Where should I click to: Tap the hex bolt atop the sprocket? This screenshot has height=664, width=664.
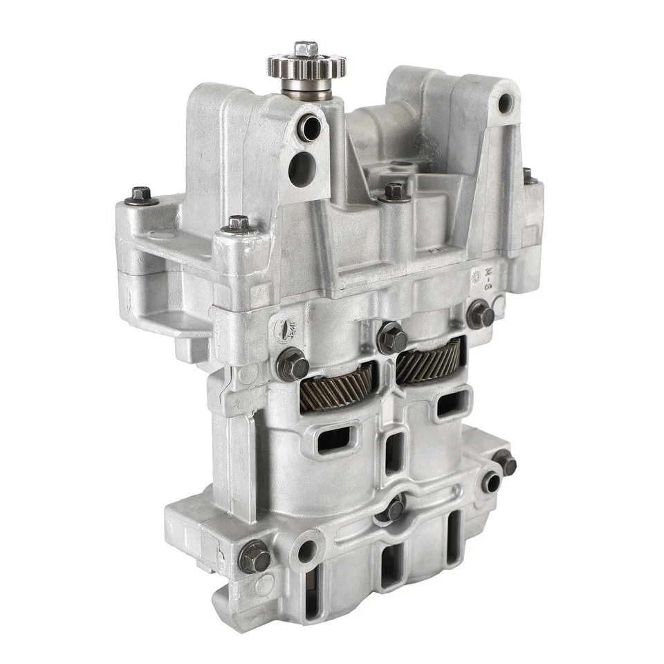click(305, 49)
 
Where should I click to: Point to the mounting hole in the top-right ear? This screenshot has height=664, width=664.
click(506, 103)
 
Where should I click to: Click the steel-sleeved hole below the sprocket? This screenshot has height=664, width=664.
click(309, 128)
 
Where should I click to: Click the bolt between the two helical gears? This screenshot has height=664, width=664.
click(391, 337)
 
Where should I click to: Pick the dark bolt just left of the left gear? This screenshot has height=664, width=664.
click(292, 365)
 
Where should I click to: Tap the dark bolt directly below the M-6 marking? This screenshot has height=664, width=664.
click(480, 315)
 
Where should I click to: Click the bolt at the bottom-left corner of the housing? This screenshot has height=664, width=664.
click(254, 556)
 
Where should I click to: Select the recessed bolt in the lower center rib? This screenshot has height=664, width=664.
click(394, 509)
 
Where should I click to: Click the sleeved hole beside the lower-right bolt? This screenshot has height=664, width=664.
click(491, 482)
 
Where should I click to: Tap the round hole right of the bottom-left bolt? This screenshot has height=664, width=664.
click(305, 551)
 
